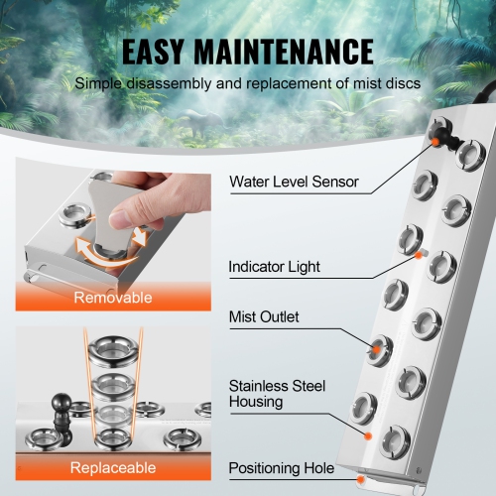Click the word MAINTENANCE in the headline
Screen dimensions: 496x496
coord(295,51)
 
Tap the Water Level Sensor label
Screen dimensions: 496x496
coord(294,182)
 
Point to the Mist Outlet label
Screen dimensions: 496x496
coord(263,317)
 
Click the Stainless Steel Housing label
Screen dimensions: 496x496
coord(277,394)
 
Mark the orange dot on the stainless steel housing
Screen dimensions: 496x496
coord(369,434)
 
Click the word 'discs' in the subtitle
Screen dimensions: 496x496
coord(397,84)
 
